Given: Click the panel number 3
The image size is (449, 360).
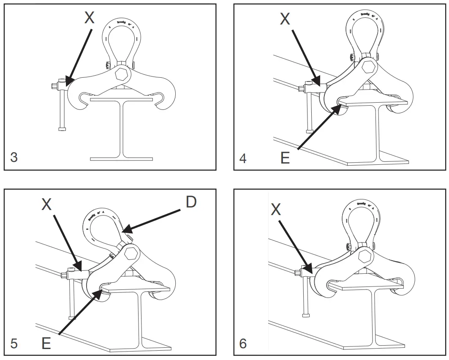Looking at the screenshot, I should coord(14,157).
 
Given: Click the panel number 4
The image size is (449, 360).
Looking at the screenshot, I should coord(243,158).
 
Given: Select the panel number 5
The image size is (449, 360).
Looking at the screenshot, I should coord(14,343).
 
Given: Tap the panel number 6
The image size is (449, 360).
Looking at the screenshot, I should coord(243,343).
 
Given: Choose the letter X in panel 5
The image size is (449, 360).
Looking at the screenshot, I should coord(46,205).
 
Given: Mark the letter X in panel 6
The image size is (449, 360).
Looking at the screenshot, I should coord(276,209).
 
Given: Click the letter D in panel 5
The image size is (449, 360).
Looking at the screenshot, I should coord(191,202).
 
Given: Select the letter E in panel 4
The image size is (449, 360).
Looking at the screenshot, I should coord(285,158).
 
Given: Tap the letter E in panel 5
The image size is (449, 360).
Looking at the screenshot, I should coord(46,343).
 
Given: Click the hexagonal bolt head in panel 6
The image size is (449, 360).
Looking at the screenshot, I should coord(363,256).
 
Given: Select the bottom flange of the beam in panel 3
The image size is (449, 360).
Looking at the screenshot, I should coord(121,159).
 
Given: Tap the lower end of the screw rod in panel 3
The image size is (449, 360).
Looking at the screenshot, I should coord(62,128).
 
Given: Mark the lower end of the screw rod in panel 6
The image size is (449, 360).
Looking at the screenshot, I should coord(306,314).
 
